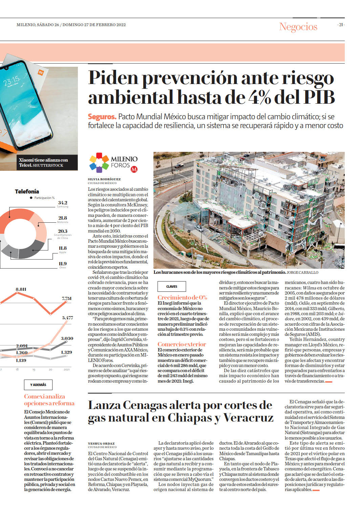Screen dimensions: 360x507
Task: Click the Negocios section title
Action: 298,27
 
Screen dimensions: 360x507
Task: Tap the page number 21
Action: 341,25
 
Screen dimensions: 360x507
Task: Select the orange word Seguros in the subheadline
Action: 102,117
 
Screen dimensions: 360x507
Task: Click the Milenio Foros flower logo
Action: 99,163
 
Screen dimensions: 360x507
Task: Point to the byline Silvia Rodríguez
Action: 104,179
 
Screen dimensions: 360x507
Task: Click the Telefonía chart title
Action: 27,191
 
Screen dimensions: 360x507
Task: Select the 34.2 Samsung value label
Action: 63,203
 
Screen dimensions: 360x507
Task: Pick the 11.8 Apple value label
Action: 63,248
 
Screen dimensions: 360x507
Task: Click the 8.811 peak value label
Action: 21,289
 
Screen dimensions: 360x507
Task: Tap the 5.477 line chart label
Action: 68,318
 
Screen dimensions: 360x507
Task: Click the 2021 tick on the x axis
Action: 66,370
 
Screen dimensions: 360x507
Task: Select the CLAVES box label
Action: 172,287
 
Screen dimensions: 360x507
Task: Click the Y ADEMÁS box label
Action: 38,385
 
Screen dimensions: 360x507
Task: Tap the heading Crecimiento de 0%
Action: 182,298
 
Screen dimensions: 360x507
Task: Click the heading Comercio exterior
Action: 182,344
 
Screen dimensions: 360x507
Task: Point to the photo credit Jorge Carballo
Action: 302,272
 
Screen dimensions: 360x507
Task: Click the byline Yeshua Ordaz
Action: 101,443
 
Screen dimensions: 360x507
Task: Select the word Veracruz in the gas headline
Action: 248,418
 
